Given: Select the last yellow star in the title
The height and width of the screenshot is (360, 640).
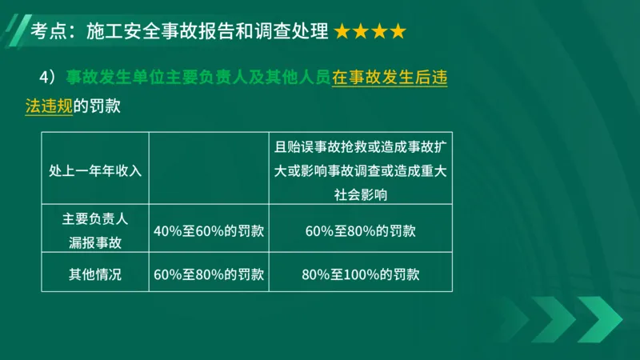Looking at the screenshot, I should tap(398, 32).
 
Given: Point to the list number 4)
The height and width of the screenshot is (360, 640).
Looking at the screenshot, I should tap(47, 78).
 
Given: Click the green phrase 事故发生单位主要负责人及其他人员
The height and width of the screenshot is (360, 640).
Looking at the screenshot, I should tap(198, 78).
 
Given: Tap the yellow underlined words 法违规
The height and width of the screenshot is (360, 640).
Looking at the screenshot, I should tap(49, 106).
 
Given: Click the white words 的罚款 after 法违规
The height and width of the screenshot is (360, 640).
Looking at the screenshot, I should tap(96, 106).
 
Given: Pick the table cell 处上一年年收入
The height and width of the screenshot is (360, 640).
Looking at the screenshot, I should tap(94, 170).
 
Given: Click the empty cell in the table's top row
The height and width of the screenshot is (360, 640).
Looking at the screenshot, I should tap(209, 170).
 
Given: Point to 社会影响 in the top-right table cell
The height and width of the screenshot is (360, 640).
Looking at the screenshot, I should tap(360, 194).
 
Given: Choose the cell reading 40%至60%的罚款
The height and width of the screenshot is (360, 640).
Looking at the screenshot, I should tap(209, 230).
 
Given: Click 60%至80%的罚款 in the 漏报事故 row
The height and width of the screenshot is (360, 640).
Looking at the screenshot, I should tap(360, 230).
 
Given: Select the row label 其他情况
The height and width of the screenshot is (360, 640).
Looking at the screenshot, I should tap(94, 274).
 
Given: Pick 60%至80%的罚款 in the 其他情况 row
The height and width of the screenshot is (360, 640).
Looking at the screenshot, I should tap(209, 274).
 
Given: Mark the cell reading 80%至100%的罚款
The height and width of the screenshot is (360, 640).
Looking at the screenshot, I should tap(360, 274).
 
